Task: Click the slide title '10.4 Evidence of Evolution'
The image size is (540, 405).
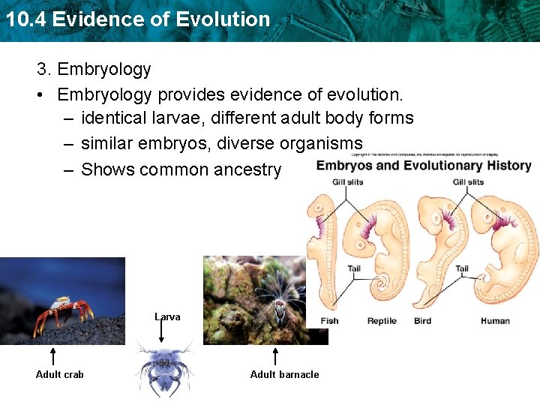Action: click(137, 19)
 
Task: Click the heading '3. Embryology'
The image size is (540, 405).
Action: click(94, 70)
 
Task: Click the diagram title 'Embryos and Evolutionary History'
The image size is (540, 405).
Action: click(424, 166)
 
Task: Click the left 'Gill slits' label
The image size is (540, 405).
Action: click(347, 182)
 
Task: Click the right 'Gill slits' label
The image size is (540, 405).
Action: click(468, 182)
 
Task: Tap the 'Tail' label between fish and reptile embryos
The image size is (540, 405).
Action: click(354, 268)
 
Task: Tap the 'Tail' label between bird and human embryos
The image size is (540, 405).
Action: click(462, 268)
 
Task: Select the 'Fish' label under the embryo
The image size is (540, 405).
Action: click(329, 321)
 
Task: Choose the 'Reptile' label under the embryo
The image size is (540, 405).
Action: click(382, 321)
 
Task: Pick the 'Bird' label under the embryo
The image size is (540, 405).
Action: click(422, 321)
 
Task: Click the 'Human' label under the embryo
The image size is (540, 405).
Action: click(495, 321)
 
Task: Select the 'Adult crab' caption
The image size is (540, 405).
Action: click(60, 374)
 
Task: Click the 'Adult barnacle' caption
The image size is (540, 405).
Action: click(284, 374)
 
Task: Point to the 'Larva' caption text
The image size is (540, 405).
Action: click(167, 316)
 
